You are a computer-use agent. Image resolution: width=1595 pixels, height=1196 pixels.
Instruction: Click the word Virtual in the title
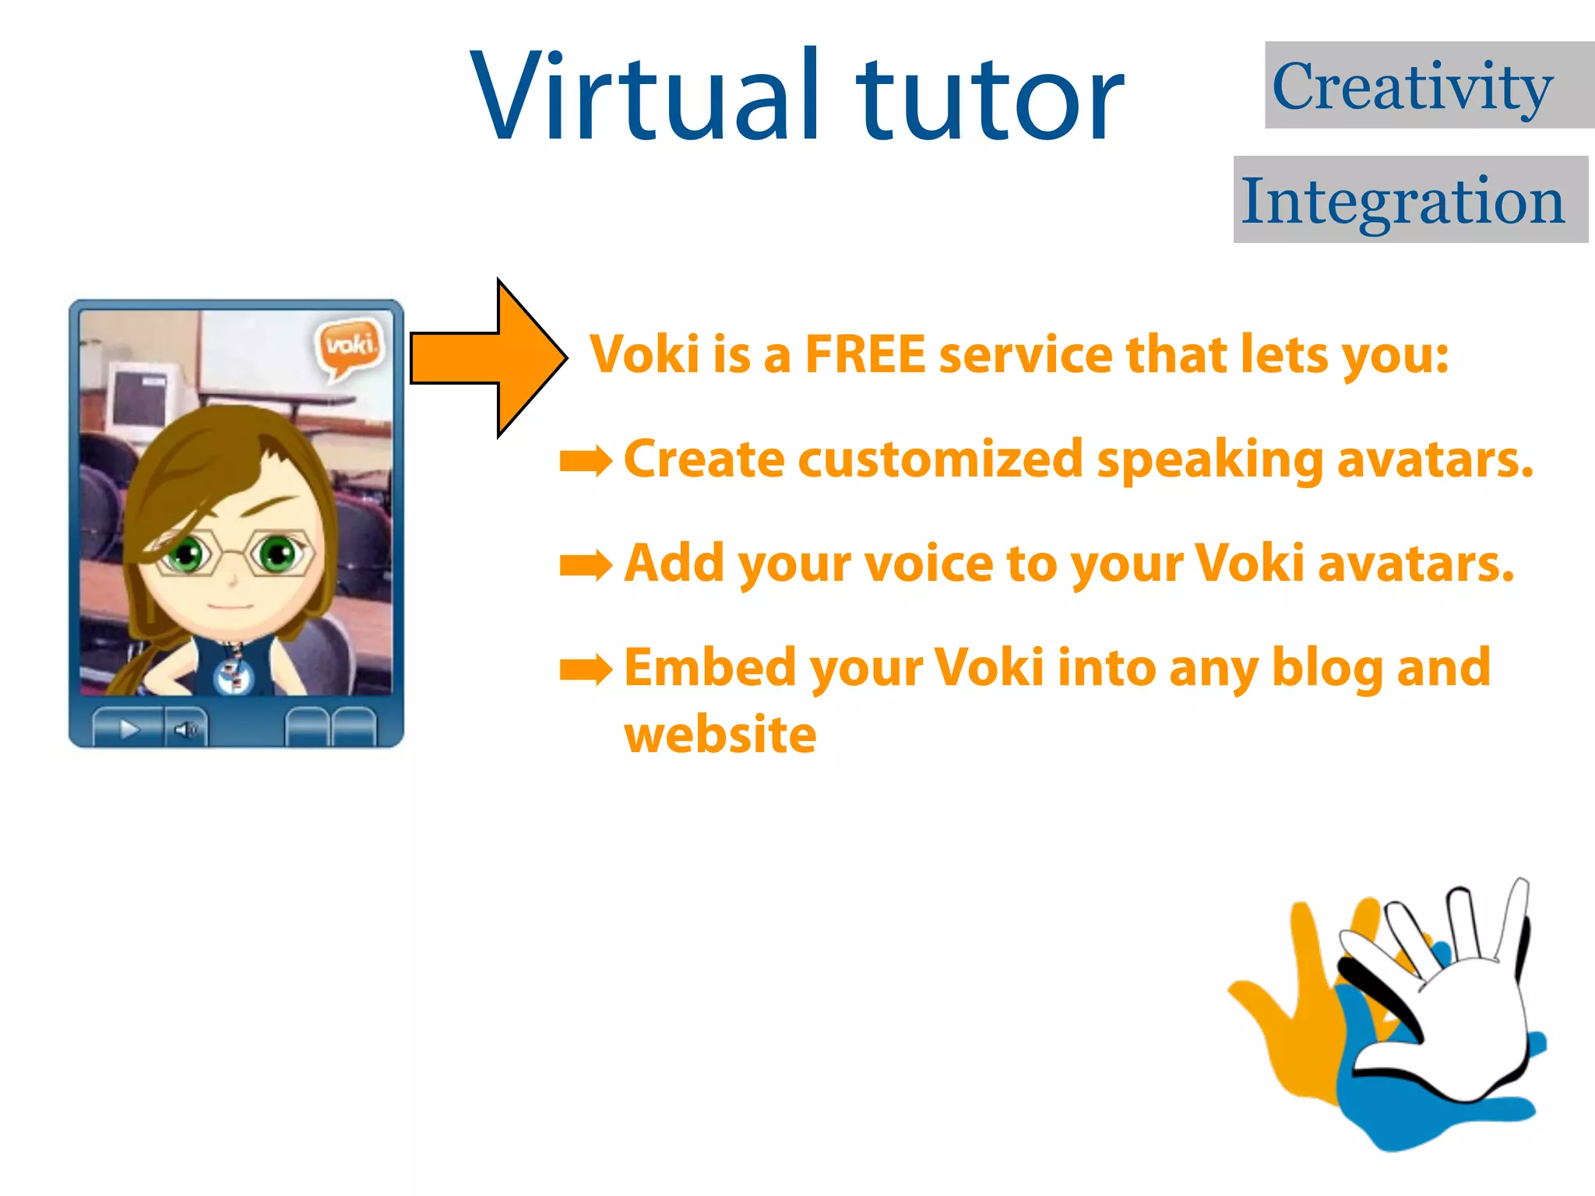[x=646, y=97]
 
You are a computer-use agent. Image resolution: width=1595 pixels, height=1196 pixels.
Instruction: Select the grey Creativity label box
[x=1429, y=85]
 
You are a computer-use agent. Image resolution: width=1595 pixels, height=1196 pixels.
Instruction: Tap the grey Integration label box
[x=1410, y=199]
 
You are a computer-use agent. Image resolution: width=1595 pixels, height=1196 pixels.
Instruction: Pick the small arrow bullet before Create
[x=586, y=462]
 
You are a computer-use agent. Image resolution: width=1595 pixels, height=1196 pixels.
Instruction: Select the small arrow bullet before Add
[x=586, y=565]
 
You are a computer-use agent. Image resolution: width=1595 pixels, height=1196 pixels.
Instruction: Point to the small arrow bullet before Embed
[x=586, y=670]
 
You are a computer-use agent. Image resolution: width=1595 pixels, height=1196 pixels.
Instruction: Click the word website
[x=720, y=735]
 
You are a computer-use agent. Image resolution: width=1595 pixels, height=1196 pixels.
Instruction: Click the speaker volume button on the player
[x=186, y=730]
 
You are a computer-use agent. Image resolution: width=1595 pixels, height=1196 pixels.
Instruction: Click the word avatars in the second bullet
[x=1416, y=563]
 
